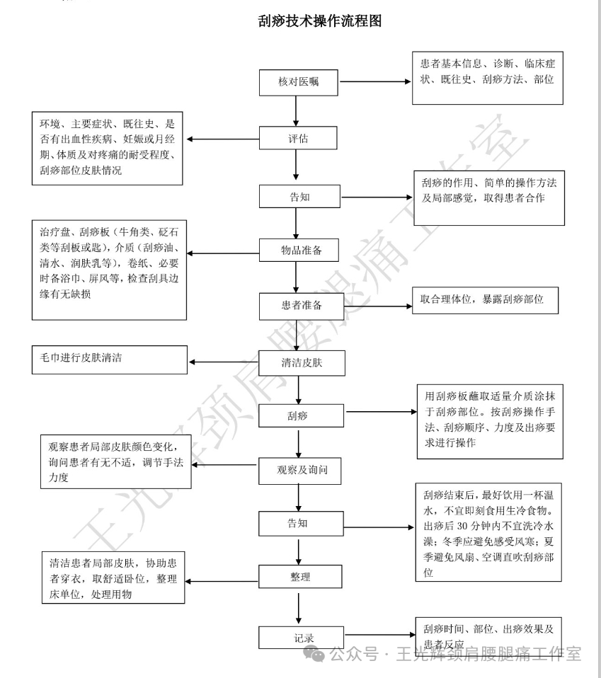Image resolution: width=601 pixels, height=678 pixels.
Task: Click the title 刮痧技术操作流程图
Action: pyautogui.click(x=321, y=21)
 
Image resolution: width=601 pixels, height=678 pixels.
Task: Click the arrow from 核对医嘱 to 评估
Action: pyautogui.click(x=295, y=110)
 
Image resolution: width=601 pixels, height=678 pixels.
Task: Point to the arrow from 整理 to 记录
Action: pyautogui.click(x=300, y=607)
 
